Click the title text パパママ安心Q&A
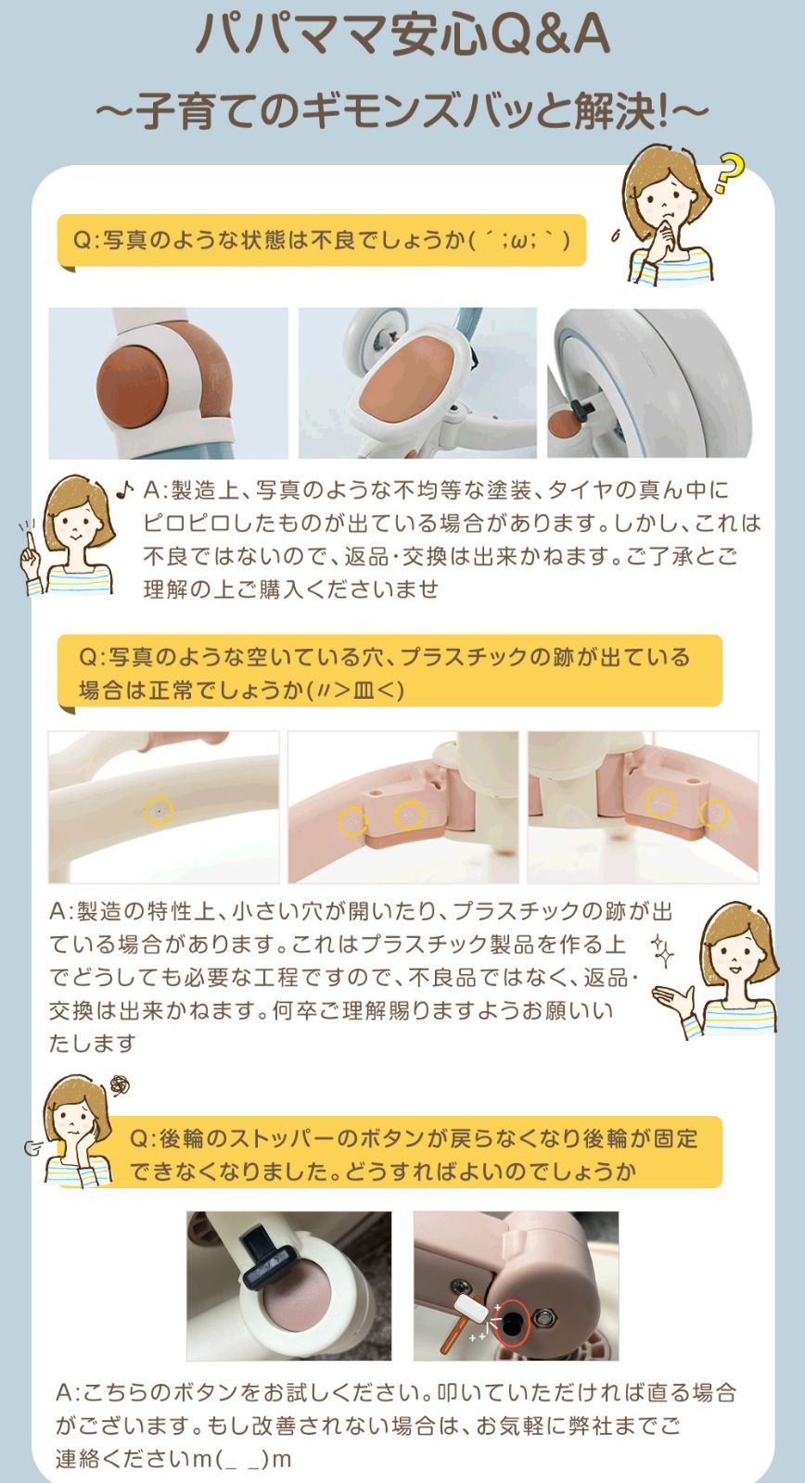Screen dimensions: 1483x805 point(402,37)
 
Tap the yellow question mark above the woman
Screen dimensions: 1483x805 point(731,172)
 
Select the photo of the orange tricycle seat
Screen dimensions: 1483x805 point(417,382)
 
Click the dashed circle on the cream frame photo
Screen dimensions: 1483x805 point(160,810)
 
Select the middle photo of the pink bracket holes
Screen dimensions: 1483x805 point(404,806)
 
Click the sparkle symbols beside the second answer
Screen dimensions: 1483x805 point(662,948)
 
